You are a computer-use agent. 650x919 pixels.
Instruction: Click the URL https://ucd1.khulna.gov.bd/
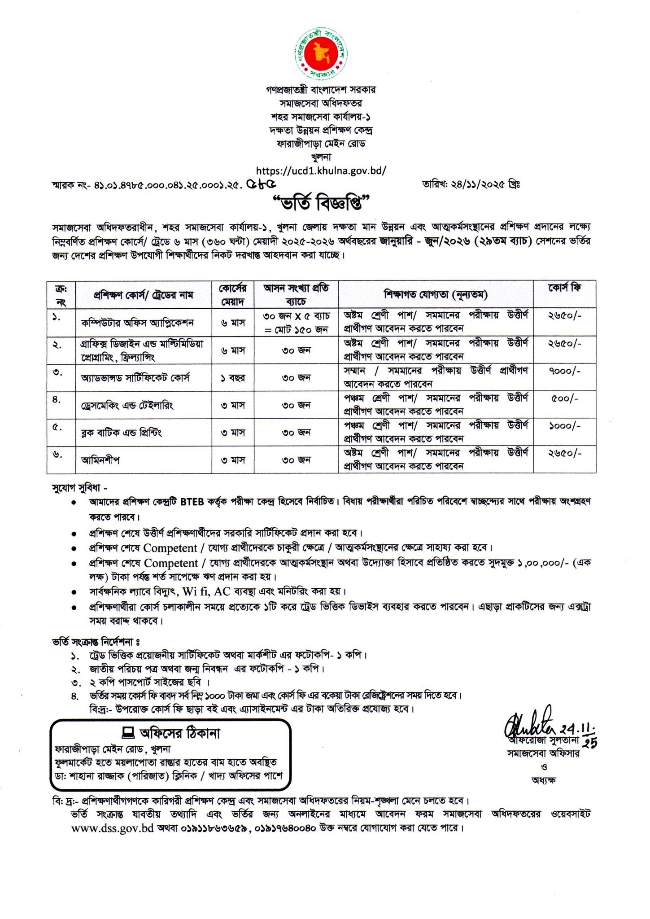pyautogui.click(x=321, y=171)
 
